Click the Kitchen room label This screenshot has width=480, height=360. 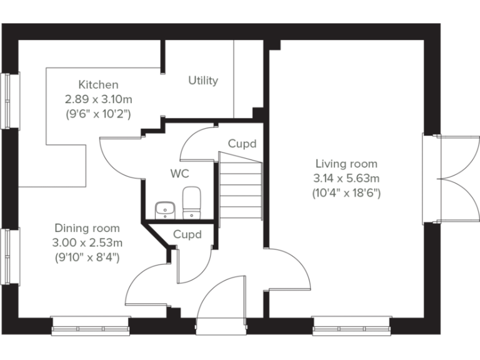click(x=98, y=84)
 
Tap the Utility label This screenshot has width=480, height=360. click(x=203, y=81)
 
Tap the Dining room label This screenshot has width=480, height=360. click(x=87, y=228)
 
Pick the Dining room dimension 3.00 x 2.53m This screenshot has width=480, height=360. click(x=87, y=242)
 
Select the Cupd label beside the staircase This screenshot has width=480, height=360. click(x=241, y=144)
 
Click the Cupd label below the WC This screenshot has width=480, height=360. click(x=187, y=235)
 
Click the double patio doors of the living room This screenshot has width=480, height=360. click(x=447, y=178)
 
